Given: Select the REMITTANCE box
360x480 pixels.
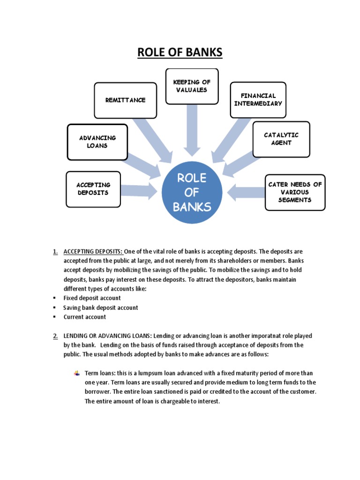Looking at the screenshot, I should pos(125,100).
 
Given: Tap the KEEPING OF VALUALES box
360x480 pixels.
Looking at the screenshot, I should pos(192,86).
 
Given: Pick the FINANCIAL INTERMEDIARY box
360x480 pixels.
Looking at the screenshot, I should pos(258,100).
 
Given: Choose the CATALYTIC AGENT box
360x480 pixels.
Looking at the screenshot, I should pos(281,139).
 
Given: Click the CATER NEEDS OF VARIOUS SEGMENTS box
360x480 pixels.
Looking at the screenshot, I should pos(295,192).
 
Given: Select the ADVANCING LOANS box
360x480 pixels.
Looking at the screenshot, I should pos(97,142).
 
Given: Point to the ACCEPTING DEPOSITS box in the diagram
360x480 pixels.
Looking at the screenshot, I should pos(93,189).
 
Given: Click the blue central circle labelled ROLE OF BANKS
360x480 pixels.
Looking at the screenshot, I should pos(192,192).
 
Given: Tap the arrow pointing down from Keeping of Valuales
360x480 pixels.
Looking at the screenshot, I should pos(192,130).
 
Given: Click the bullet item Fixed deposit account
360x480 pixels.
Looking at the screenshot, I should pos(92,298).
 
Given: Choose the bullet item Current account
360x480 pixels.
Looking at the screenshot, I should pos(85,317).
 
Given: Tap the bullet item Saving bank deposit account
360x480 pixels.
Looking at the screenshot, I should pos(101,307).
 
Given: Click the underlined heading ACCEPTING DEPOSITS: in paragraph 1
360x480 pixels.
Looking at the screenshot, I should pos(93,251).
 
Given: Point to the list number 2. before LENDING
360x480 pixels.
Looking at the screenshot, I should pos(55,336).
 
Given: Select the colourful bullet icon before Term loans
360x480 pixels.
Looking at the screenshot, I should pos(77,373).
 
